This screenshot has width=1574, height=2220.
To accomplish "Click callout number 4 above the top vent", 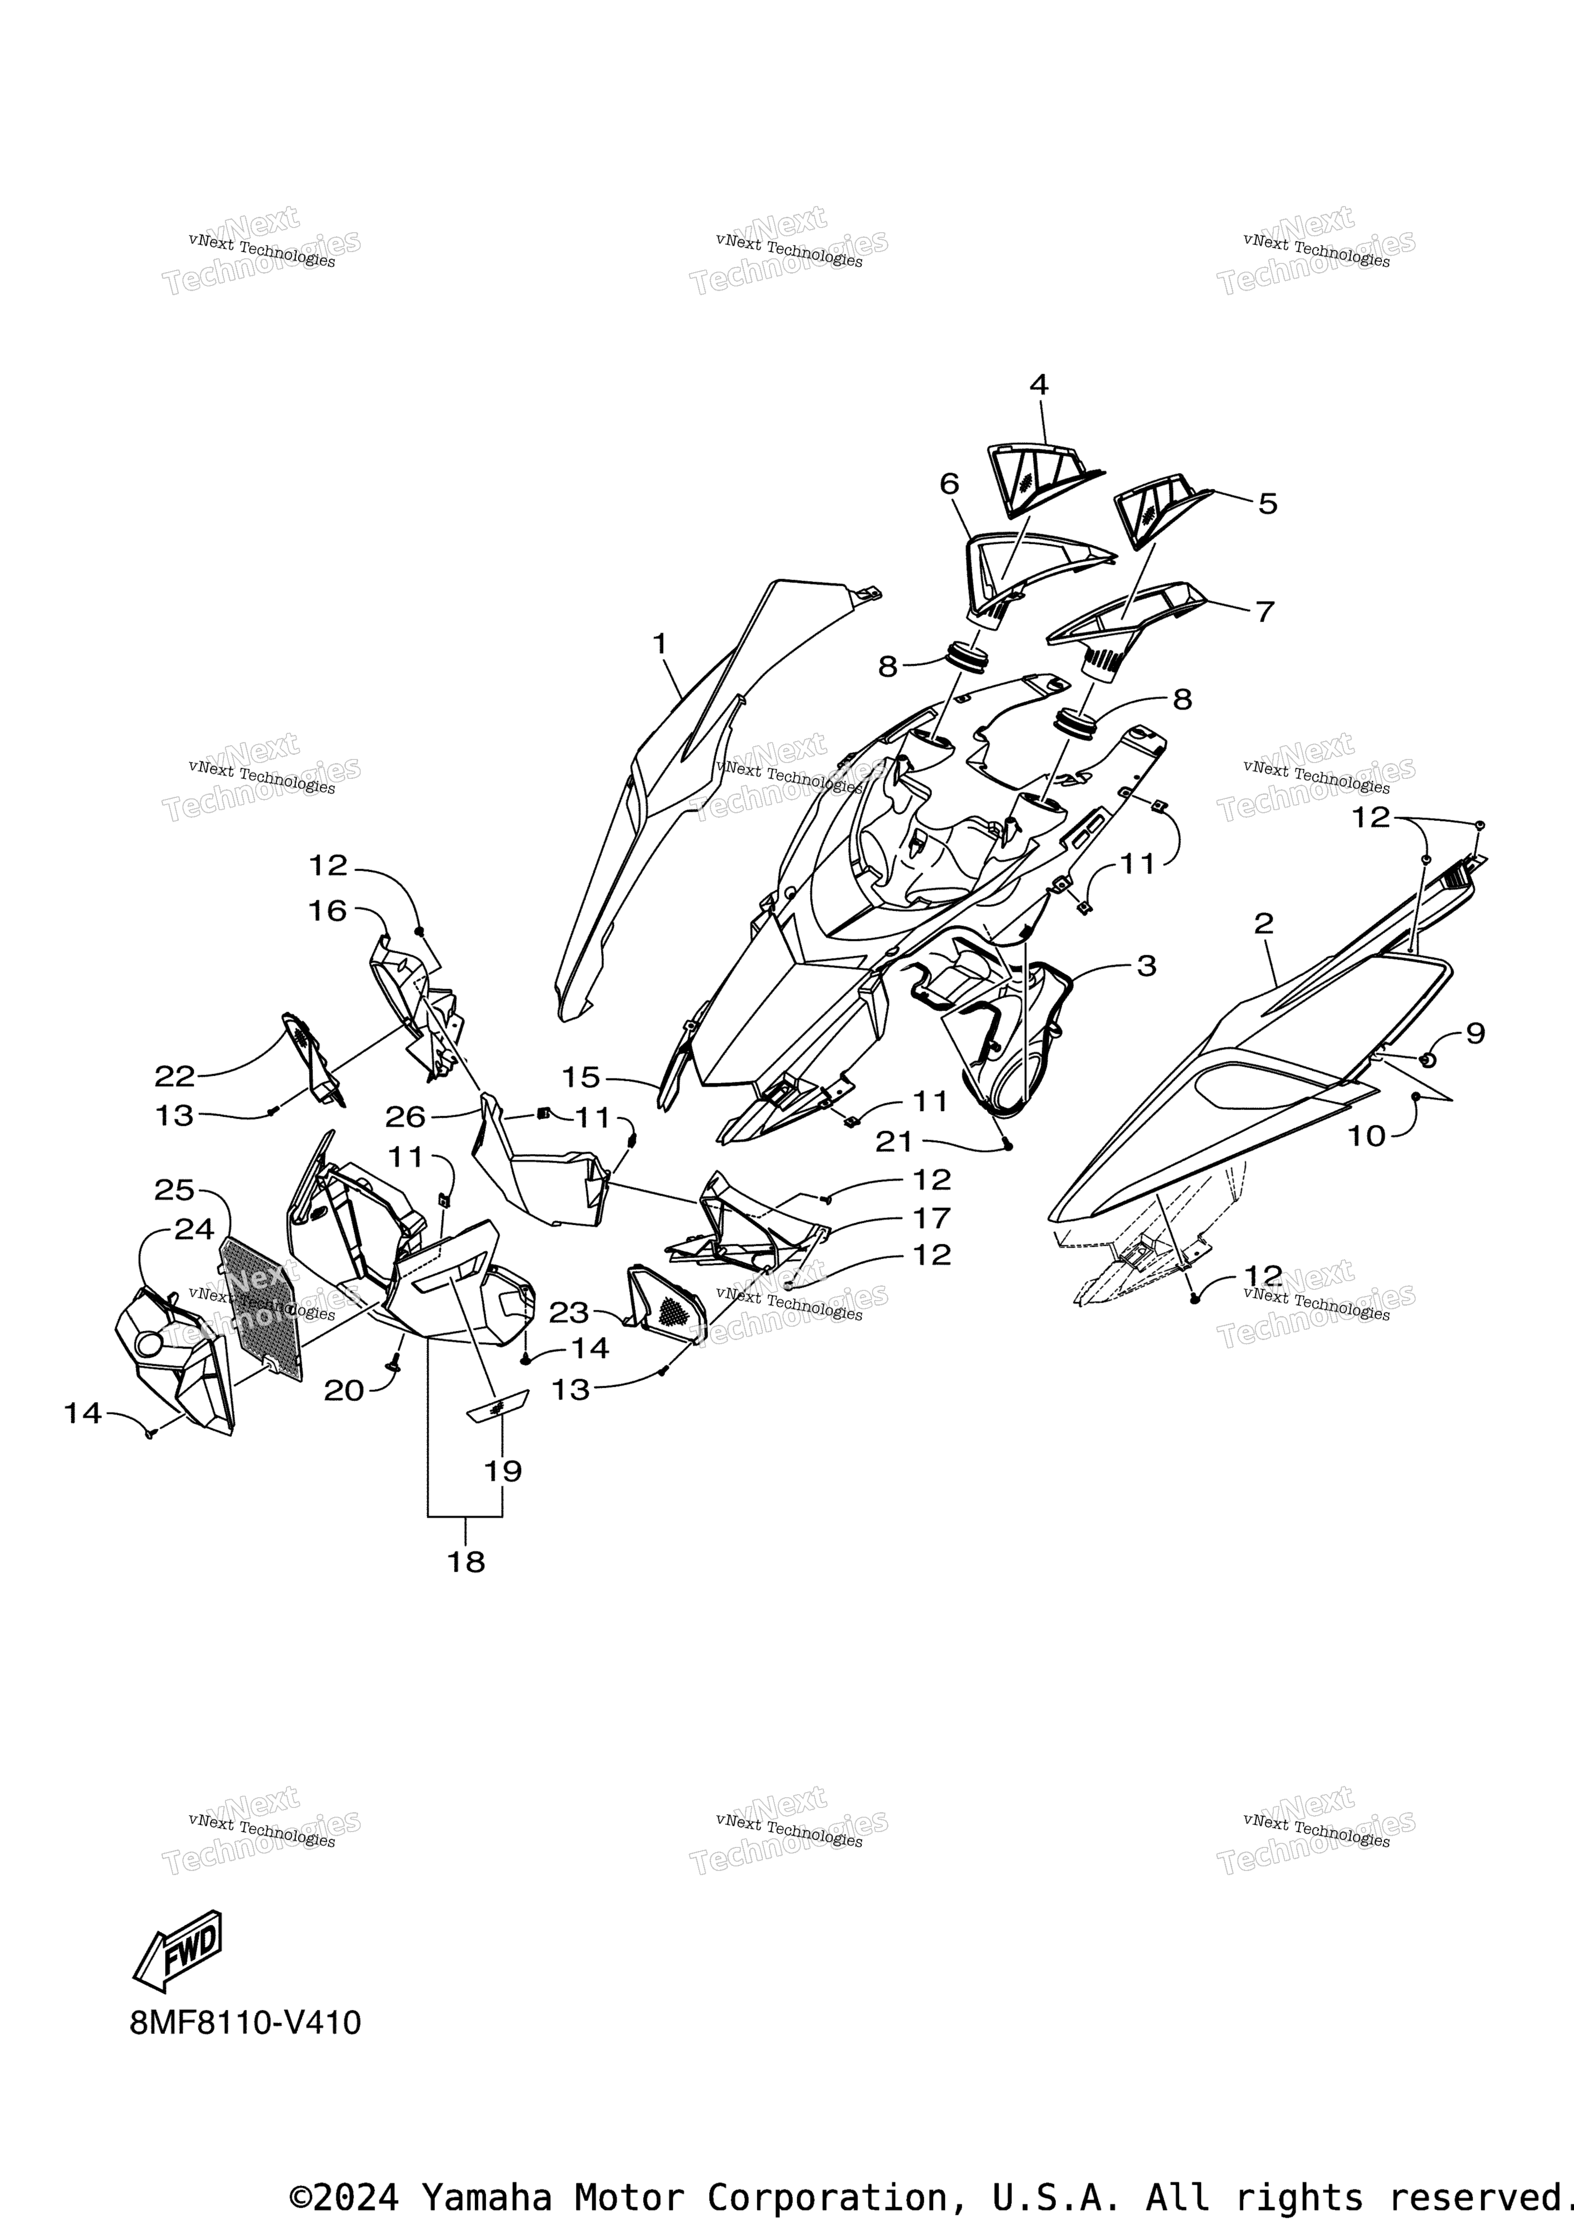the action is [1038, 385].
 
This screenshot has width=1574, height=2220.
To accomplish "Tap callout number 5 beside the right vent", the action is [1268, 503].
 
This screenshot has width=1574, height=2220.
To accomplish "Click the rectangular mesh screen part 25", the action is [260, 1310].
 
